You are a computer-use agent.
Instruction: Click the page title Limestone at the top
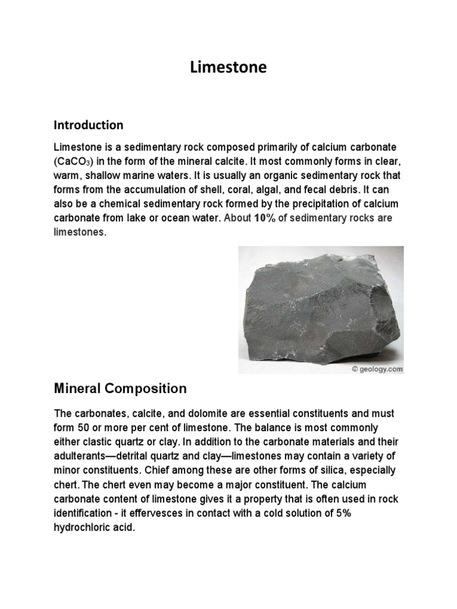pyautogui.click(x=228, y=68)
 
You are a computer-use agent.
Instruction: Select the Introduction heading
pyautogui.click(x=89, y=125)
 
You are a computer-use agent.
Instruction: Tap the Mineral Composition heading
pyautogui.click(x=120, y=388)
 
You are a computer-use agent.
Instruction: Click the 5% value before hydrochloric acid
pyautogui.click(x=342, y=513)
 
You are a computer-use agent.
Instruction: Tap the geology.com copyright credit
pyautogui.click(x=377, y=369)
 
